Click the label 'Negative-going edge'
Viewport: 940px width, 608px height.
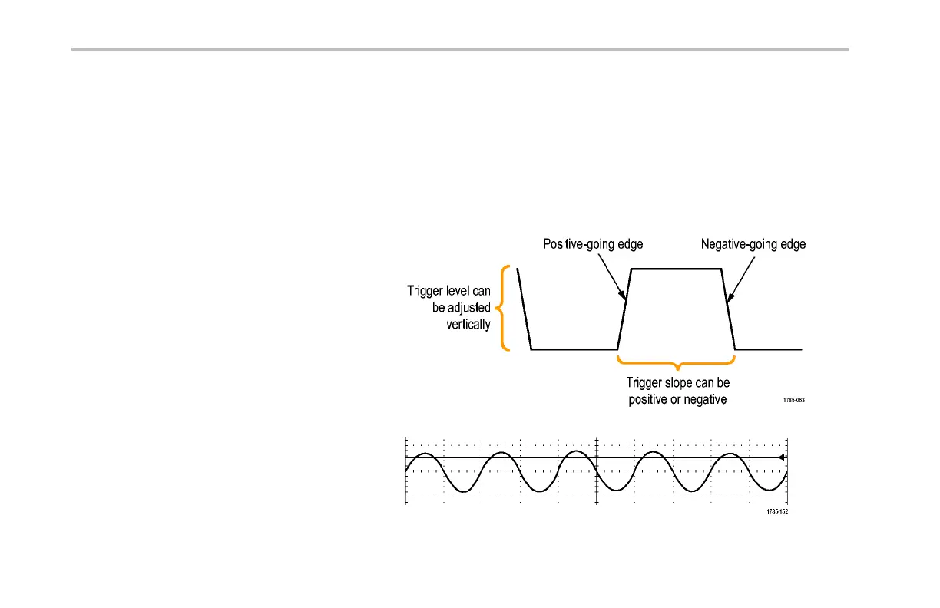pos(753,245)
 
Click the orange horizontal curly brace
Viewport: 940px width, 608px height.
pos(677,361)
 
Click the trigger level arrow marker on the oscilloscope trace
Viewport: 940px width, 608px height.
pos(780,458)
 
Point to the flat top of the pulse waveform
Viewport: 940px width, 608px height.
pos(677,269)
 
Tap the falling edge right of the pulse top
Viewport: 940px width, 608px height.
pos(730,309)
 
